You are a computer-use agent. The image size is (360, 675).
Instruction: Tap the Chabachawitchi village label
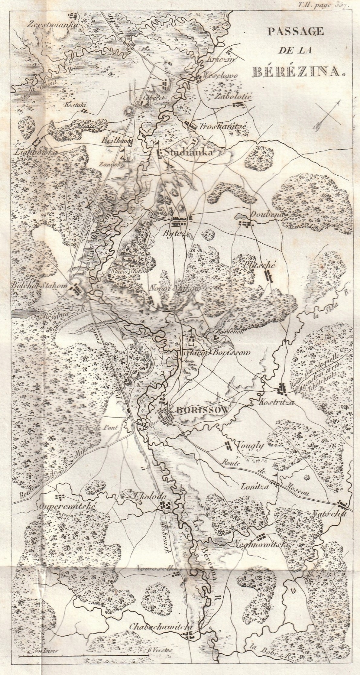point(161,650)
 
